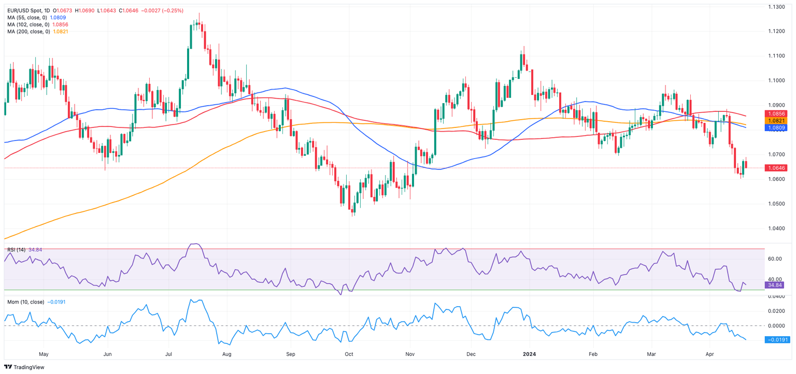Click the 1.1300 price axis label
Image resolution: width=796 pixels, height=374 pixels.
click(775, 7)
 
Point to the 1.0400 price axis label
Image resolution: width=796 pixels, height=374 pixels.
click(775, 228)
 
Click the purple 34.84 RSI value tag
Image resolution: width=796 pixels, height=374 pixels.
click(775, 285)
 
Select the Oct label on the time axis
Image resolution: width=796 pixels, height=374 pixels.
click(349, 354)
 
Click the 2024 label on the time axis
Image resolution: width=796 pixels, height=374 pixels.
click(529, 354)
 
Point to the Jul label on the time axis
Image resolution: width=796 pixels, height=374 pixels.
click(169, 354)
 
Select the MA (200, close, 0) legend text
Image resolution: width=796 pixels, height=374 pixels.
click(27, 32)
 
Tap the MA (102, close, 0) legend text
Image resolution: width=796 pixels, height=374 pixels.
click(27, 24)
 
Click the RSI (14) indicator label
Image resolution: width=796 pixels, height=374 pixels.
click(17, 250)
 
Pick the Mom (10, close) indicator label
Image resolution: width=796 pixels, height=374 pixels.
click(25, 301)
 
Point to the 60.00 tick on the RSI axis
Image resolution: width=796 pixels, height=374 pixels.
click(775, 258)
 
